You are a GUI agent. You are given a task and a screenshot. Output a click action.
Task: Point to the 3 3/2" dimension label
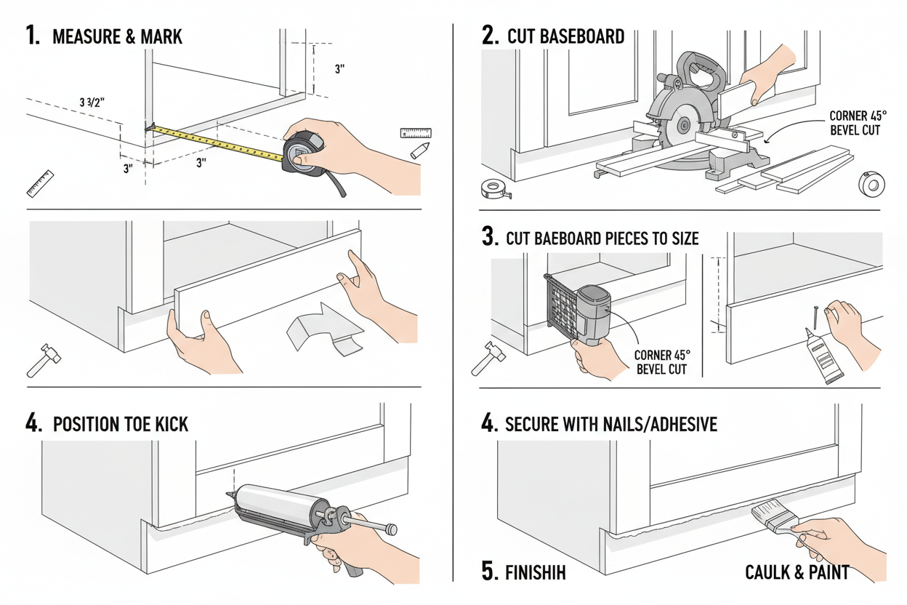click(92, 103)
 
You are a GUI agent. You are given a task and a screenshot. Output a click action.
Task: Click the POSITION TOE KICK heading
click(121, 424)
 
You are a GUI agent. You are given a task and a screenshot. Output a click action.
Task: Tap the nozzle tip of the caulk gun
click(230, 497)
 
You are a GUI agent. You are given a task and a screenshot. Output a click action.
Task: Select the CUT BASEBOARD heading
click(565, 36)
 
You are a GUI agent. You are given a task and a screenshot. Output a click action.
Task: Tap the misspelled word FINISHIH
click(535, 572)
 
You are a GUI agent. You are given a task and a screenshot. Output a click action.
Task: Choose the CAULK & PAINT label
click(797, 572)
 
